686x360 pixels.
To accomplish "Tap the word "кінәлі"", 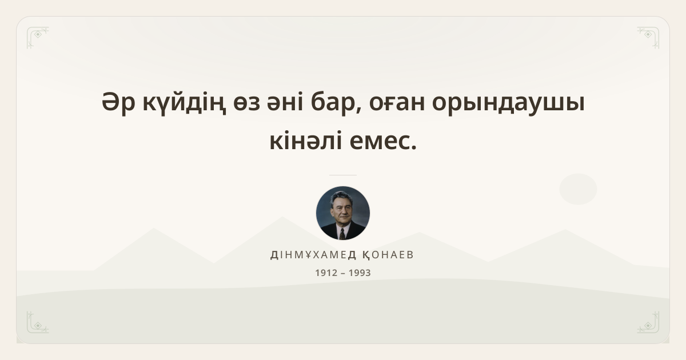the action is click(305, 141).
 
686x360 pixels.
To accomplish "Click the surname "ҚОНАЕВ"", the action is click(388, 255).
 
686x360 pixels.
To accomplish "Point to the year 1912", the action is click(326, 273).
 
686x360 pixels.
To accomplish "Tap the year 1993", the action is click(360, 273).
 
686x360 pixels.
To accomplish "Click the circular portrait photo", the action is click(343, 213).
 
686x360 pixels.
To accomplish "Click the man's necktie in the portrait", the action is click(342, 234).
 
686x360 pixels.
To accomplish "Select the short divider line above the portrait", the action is click(343, 175).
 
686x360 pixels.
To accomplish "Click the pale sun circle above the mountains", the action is click(578, 189).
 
